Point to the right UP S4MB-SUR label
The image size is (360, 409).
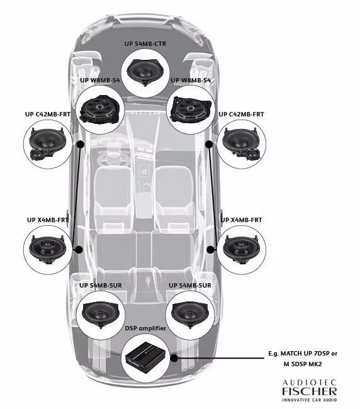pyautogui.click(x=190, y=286)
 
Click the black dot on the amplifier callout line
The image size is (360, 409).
pyautogui.click(x=173, y=358)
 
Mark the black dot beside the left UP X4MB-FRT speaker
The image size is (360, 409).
pyautogui.click(x=79, y=250)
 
